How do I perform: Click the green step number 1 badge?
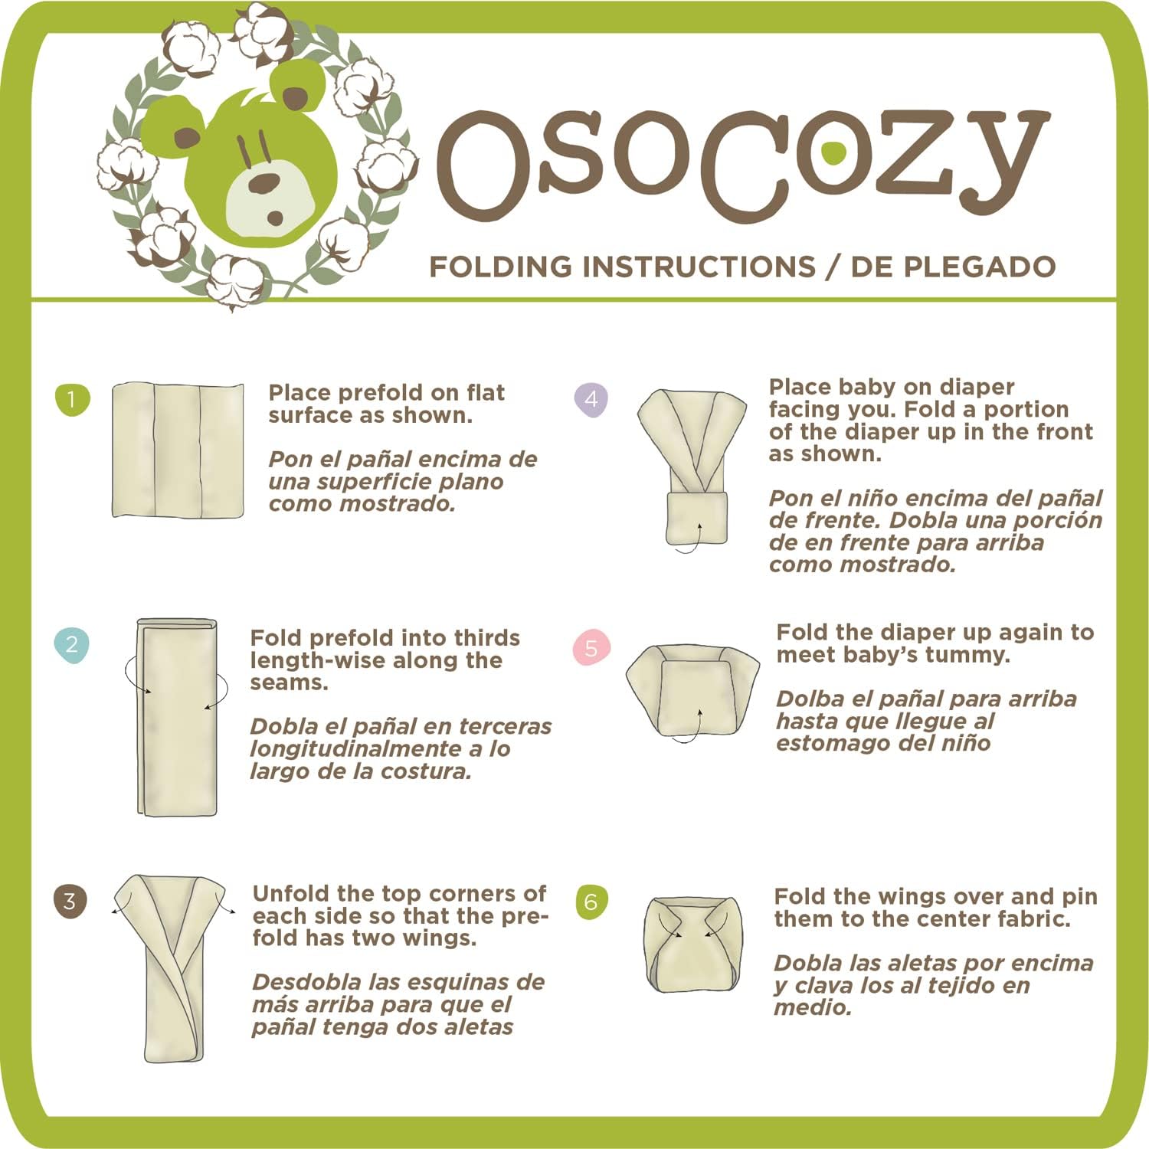click(x=72, y=399)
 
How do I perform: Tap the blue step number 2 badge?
click(x=72, y=644)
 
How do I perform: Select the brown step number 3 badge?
click(x=70, y=900)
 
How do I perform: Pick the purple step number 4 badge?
click(x=591, y=399)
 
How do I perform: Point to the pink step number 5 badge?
click(x=591, y=648)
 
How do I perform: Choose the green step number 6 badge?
click(x=591, y=902)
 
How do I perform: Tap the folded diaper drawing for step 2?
click(x=177, y=717)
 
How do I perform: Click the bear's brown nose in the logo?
click(x=265, y=184)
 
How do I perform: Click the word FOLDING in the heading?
click(x=501, y=267)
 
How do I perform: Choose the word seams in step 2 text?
click(x=289, y=683)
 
